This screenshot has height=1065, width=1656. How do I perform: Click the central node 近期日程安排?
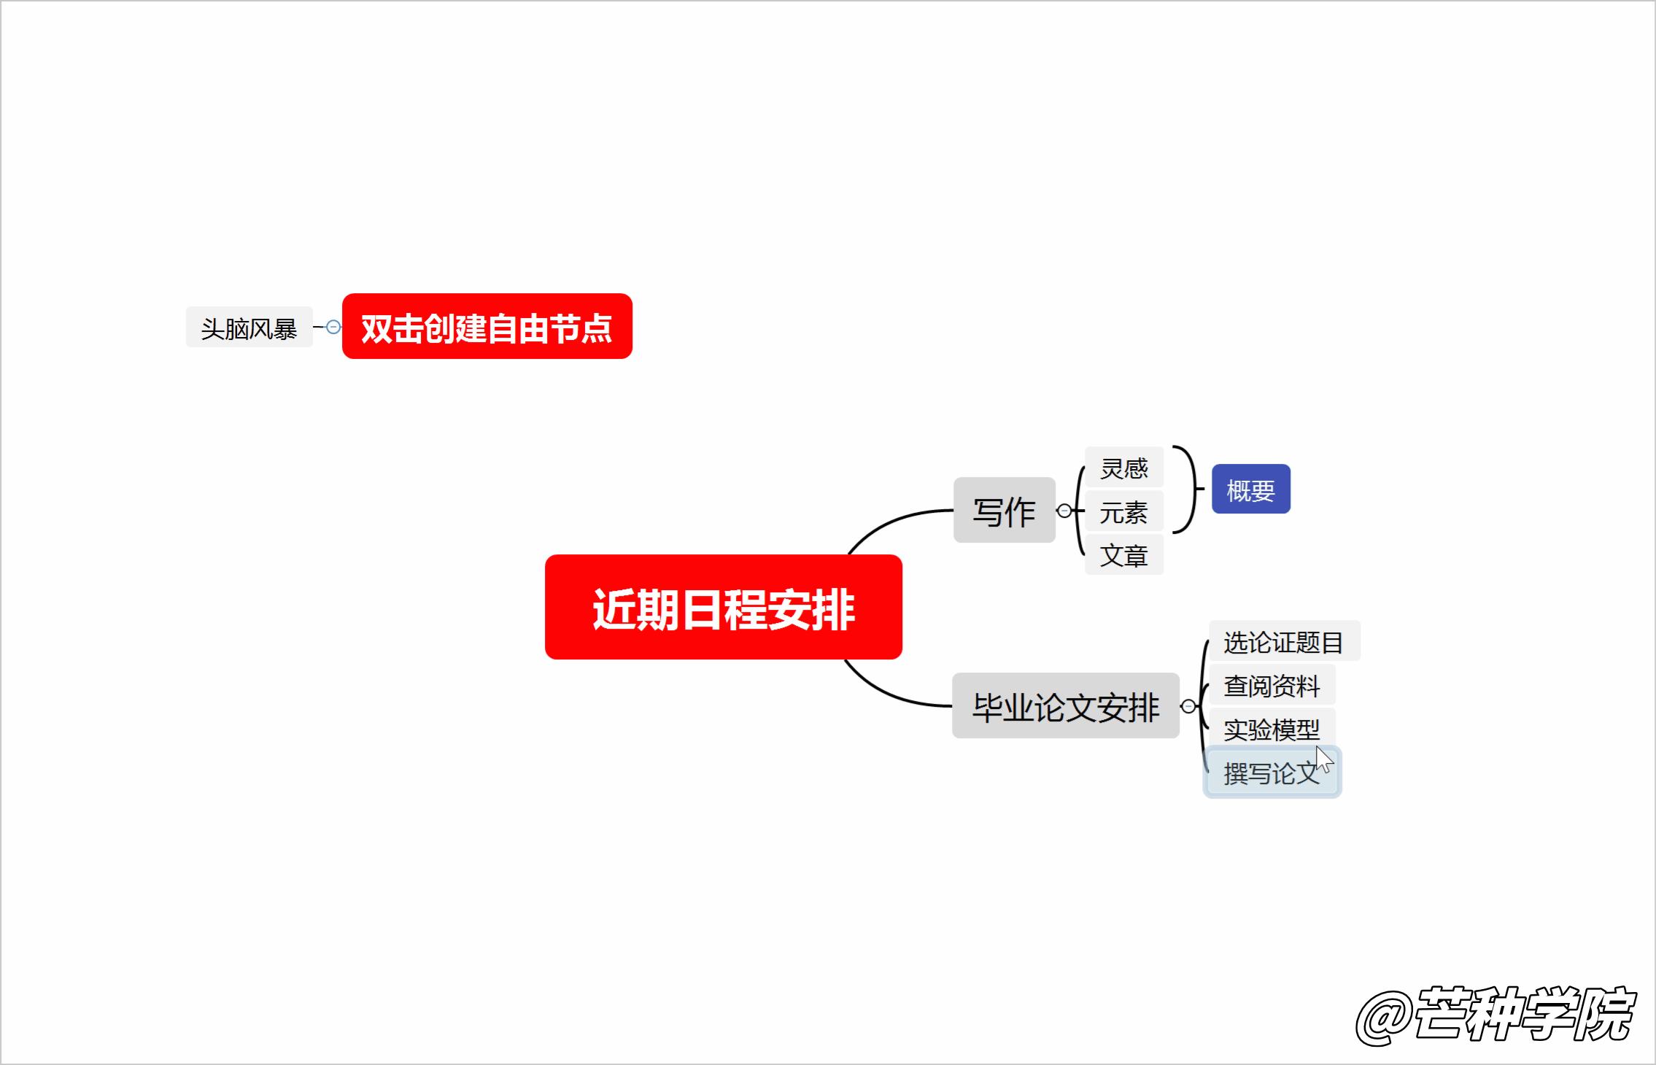[723, 607]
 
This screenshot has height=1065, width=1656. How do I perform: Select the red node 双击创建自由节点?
[487, 326]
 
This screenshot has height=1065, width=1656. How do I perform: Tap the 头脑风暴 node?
[249, 328]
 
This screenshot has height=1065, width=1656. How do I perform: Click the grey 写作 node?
[1004, 510]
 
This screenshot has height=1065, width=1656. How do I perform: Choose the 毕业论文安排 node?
[1065, 705]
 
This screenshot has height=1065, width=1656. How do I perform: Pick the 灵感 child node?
[1123, 468]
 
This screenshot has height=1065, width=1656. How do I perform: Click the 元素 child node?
[1123, 511]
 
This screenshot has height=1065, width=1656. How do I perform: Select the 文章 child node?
[1123, 554]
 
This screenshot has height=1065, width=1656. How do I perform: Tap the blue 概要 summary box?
[1250, 489]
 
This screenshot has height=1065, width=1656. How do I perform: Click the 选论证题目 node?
[1283, 641]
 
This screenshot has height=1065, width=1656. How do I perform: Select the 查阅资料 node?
[1272, 685]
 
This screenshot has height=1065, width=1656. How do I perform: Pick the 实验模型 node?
[1272, 728]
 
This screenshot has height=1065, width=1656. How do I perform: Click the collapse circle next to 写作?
[1064, 511]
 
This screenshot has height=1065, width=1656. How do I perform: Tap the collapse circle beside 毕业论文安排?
[1188, 706]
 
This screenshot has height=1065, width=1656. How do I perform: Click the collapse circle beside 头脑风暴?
[333, 327]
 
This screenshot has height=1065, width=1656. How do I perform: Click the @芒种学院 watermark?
[1496, 1015]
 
